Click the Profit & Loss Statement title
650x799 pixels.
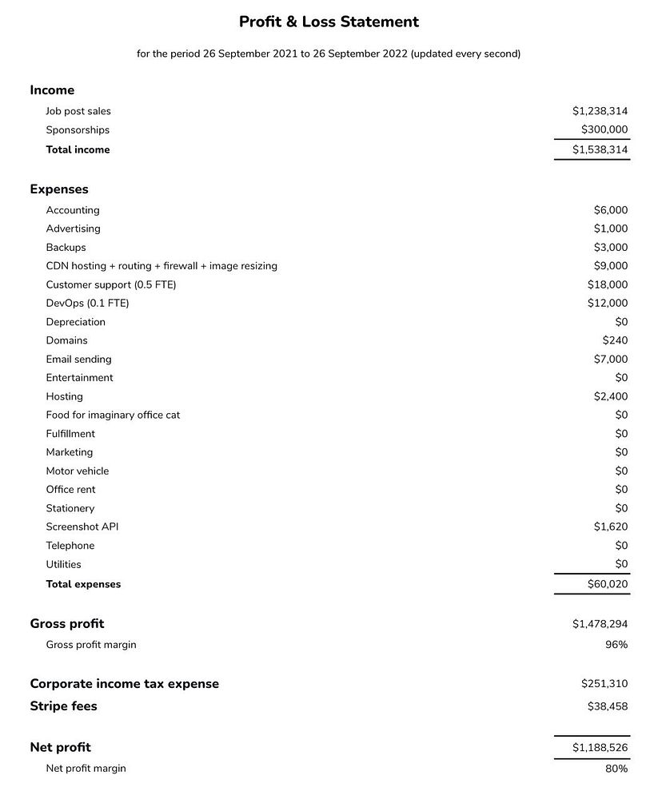(x=329, y=22)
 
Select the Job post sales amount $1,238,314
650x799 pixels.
(x=600, y=112)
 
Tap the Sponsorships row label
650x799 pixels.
(x=78, y=130)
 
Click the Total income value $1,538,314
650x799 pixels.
(x=600, y=149)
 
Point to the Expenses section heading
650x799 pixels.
(x=59, y=189)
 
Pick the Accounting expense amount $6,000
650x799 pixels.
(x=611, y=210)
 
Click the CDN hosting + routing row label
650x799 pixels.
(x=162, y=266)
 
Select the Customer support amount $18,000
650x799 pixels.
(x=608, y=284)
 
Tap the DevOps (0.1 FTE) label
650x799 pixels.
(x=87, y=304)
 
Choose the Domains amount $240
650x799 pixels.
(x=615, y=340)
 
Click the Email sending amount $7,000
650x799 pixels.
(x=611, y=360)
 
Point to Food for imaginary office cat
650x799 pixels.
(x=113, y=415)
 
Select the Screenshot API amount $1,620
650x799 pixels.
(x=611, y=527)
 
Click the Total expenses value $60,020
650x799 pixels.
(x=608, y=584)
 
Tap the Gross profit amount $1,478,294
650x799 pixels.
(x=600, y=624)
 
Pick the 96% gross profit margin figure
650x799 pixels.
(x=616, y=645)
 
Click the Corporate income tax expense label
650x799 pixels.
(x=124, y=684)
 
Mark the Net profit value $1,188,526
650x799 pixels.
(x=600, y=748)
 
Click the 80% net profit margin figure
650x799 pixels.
(x=616, y=769)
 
